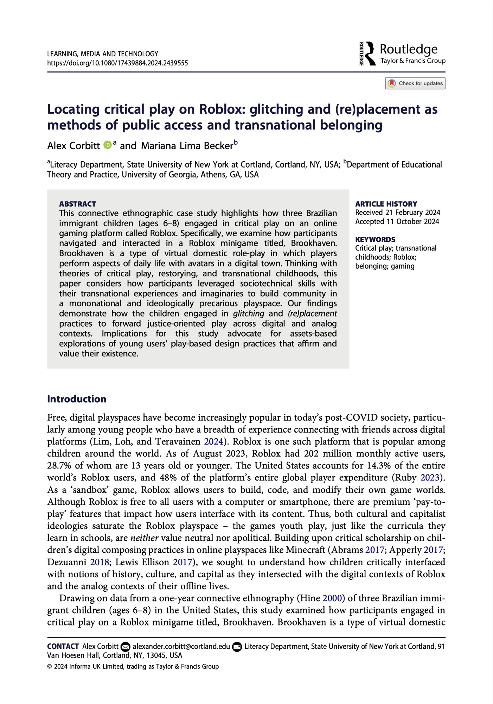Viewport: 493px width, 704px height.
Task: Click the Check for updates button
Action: [415, 83]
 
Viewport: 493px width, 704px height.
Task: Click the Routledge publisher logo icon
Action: [368, 54]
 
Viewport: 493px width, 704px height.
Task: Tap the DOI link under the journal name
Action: [117, 63]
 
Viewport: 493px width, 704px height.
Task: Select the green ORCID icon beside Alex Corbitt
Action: [107, 145]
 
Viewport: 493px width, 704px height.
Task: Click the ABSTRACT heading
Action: [77, 204]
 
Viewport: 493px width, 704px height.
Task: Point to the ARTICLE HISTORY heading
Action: [386, 204]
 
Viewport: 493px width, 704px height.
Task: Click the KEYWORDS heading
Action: [375, 239]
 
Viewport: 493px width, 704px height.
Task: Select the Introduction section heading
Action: [77, 399]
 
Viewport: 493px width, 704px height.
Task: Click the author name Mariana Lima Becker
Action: [187, 146]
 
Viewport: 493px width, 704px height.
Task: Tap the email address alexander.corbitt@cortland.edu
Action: [181, 647]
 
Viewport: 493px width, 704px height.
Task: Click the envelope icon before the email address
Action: [125, 647]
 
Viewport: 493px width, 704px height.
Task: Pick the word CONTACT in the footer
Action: [63, 647]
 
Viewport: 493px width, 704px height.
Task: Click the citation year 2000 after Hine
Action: [332, 598]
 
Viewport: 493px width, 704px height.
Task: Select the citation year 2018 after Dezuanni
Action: [99, 562]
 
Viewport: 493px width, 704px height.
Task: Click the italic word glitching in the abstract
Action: [248, 313]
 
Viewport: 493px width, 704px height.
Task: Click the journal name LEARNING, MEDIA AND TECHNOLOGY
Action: [103, 54]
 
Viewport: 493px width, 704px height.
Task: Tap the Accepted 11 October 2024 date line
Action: [397, 221]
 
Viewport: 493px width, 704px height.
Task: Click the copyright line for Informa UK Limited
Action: [133, 666]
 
